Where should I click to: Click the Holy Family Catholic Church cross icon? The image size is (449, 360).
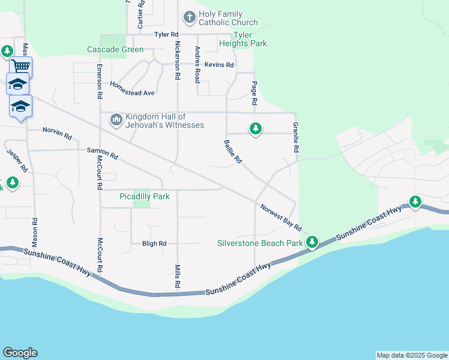pyautogui.click(x=189, y=17)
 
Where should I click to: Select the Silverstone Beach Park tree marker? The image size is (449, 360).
pyautogui.click(x=312, y=242)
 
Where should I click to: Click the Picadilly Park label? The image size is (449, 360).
pyautogui.click(x=145, y=196)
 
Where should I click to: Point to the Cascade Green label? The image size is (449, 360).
pyautogui.click(x=115, y=49)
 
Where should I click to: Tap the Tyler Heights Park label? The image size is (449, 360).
pyautogui.click(x=243, y=40)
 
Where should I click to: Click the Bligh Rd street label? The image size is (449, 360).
pyautogui.click(x=154, y=244)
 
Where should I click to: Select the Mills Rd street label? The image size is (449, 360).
pyautogui.click(x=178, y=277)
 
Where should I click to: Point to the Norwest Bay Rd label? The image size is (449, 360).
pyautogui.click(x=280, y=217)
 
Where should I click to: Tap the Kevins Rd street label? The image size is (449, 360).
pyautogui.click(x=218, y=65)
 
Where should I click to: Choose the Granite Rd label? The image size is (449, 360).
pyautogui.click(x=296, y=137)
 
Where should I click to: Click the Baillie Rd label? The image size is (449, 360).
pyautogui.click(x=232, y=152)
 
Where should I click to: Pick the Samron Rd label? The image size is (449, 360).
pyautogui.click(x=103, y=154)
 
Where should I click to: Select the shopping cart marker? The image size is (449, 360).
pyautogui.click(x=20, y=66)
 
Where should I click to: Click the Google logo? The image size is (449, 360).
pyautogui.click(x=20, y=353)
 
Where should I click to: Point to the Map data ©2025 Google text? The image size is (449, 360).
pyautogui.click(x=412, y=355)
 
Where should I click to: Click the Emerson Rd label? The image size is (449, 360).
pyautogui.click(x=99, y=82)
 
